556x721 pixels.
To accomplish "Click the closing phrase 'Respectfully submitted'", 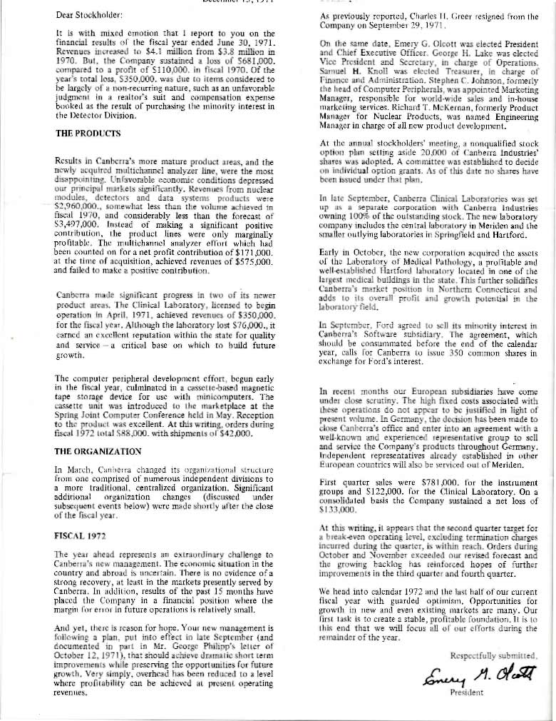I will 492,655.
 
